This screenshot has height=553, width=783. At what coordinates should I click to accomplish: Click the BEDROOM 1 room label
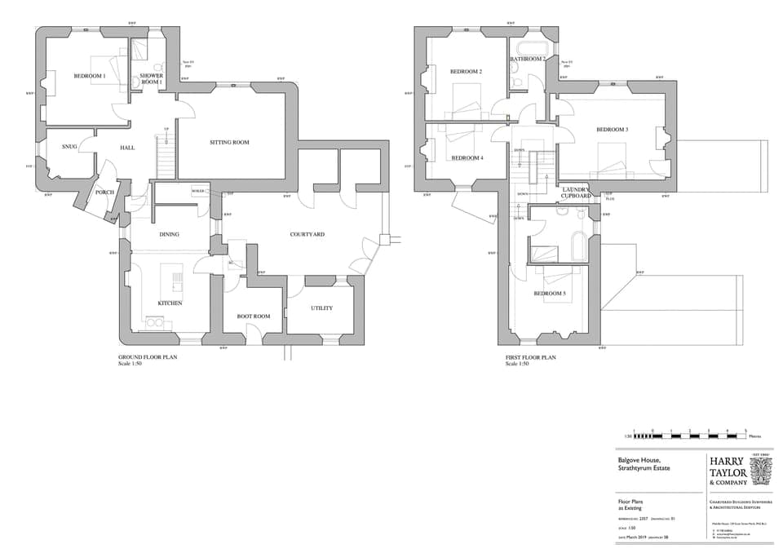pyautogui.click(x=90, y=76)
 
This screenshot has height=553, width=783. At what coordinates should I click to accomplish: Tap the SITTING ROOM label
pyautogui.click(x=229, y=142)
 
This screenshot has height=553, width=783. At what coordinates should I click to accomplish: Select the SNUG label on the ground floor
pyautogui.click(x=69, y=147)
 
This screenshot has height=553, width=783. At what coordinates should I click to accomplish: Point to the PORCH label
pyautogui.click(x=104, y=192)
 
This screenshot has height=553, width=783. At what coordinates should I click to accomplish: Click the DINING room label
pyautogui.click(x=169, y=235)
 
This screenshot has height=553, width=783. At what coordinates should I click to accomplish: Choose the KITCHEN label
pyautogui.click(x=170, y=303)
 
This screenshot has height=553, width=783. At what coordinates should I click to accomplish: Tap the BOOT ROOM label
pyautogui.click(x=254, y=316)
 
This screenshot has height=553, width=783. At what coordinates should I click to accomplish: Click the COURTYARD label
pyautogui.click(x=307, y=234)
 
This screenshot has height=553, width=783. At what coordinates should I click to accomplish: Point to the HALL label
pyautogui.click(x=127, y=148)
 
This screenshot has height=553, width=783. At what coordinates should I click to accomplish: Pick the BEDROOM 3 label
pyautogui.click(x=612, y=130)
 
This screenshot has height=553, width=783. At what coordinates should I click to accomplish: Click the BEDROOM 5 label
pyautogui.click(x=550, y=294)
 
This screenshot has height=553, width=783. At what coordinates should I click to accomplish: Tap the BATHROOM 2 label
pyautogui.click(x=528, y=60)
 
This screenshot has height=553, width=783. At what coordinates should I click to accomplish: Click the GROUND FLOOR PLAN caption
pyautogui.click(x=148, y=357)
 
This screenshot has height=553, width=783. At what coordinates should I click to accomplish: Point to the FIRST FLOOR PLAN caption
pyautogui.click(x=531, y=357)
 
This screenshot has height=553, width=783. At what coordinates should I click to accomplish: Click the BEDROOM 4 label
pyautogui.click(x=467, y=157)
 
